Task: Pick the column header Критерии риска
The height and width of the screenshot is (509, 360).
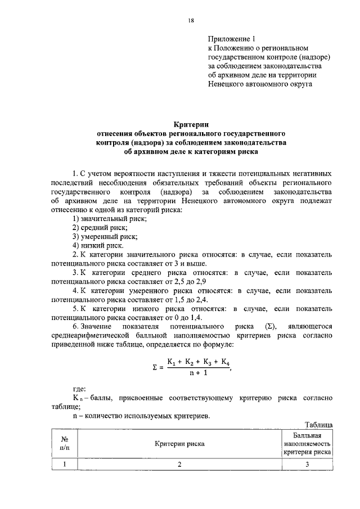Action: coord(180,444)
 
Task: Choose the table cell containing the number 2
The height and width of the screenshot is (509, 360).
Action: coord(180,464)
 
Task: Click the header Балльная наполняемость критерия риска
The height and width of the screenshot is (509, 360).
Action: coord(307,444)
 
